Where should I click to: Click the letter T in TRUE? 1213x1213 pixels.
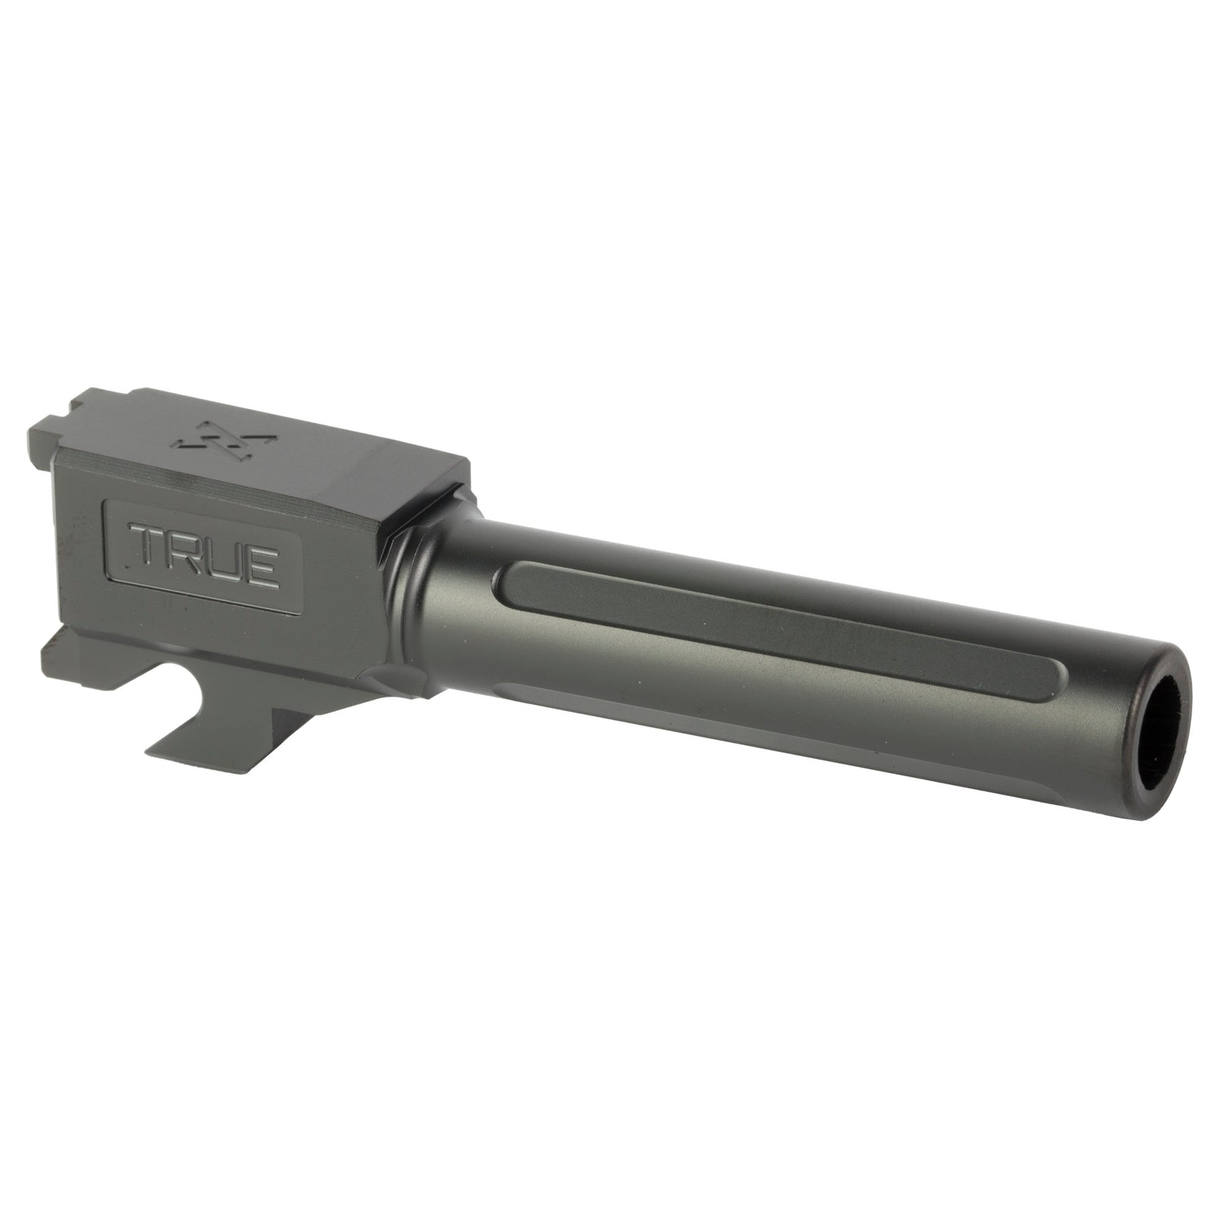click(150, 554)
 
